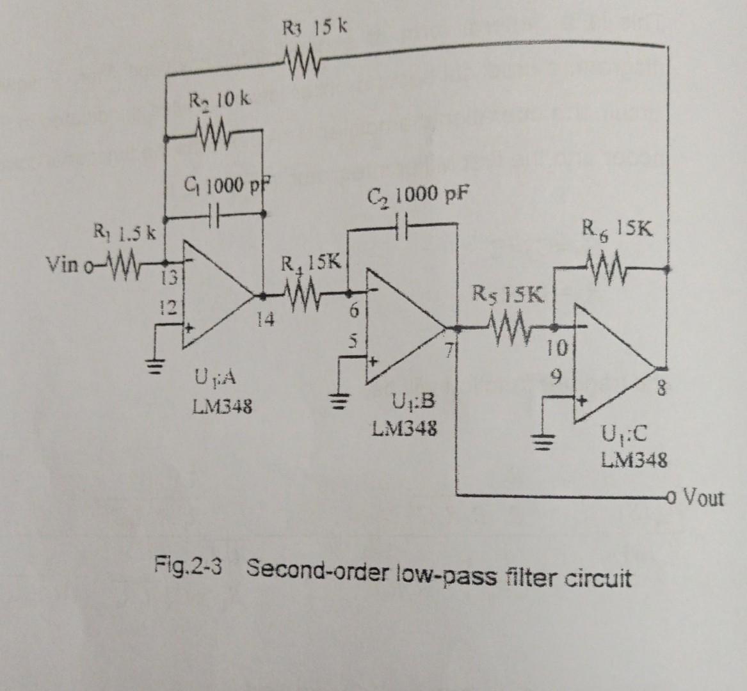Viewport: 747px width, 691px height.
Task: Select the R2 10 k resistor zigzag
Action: click(212, 134)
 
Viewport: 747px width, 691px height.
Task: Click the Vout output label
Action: click(705, 497)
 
